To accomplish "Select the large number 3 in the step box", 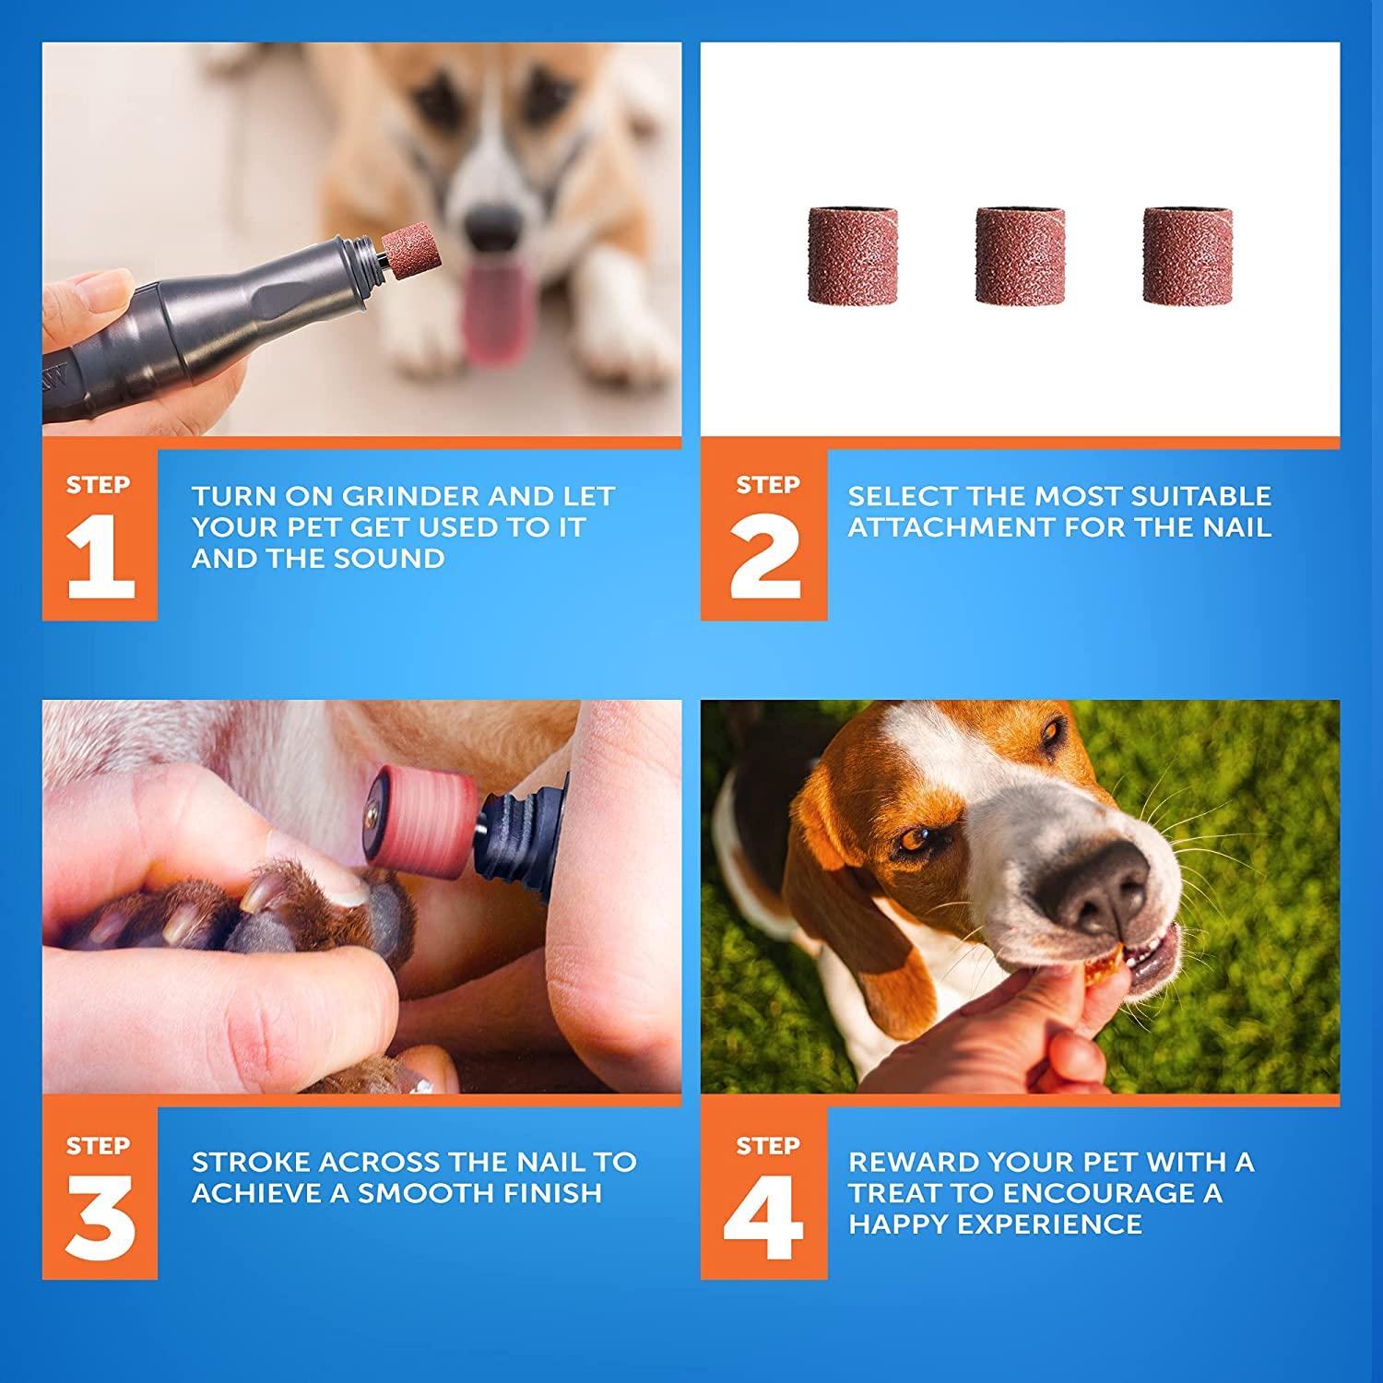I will point(100,1218).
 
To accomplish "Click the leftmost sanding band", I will point(853,255).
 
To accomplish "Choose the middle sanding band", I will point(1020,255).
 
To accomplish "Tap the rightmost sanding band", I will point(1188,255).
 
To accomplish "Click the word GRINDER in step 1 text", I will point(412,496).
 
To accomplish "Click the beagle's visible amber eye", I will point(916,838).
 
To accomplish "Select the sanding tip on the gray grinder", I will point(411,250).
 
